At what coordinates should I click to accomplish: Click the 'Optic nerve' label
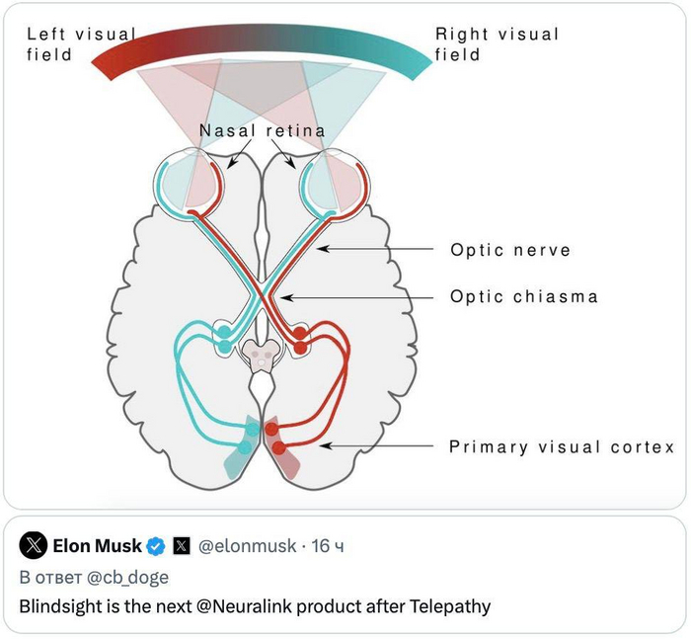(x=510, y=250)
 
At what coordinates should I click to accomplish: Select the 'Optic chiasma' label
(x=524, y=296)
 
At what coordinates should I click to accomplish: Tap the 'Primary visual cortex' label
(x=562, y=447)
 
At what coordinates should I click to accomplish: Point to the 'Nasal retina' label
(x=262, y=130)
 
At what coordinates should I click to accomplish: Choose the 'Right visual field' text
(x=497, y=44)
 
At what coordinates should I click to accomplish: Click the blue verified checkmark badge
(x=156, y=545)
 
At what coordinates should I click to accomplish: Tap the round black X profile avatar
(x=34, y=545)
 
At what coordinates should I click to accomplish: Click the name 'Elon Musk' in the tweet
(x=98, y=545)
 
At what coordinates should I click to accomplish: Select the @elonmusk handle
(x=247, y=545)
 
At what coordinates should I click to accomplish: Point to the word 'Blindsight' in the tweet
(x=60, y=606)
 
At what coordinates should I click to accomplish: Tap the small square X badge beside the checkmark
(x=182, y=545)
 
